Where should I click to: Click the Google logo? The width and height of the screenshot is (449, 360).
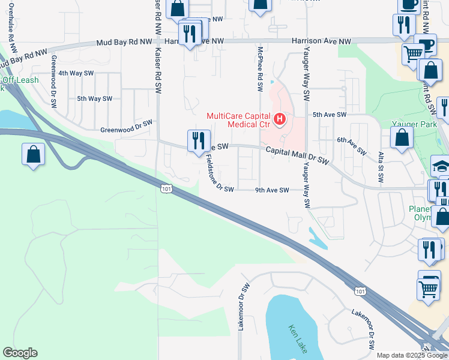point(20,353)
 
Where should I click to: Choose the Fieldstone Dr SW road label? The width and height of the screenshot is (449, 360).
point(219,173)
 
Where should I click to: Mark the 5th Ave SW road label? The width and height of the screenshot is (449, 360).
point(330,114)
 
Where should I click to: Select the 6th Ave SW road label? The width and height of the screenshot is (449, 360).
point(351,146)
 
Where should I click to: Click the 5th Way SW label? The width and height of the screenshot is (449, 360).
point(94,98)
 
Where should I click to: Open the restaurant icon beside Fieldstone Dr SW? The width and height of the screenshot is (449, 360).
point(199,141)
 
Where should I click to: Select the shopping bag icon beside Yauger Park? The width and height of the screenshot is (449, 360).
point(402,137)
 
